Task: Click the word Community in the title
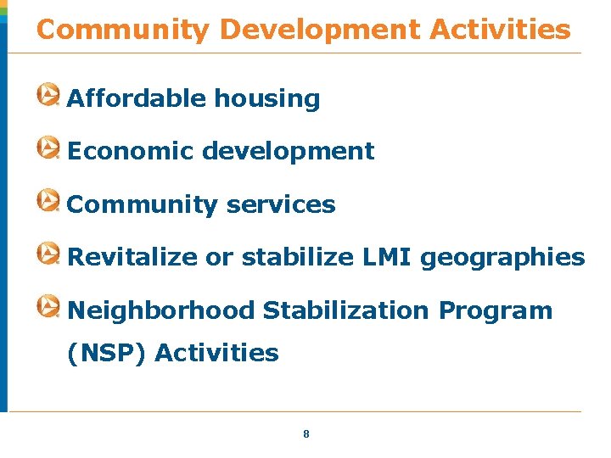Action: click(122, 31)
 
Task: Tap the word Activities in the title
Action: click(501, 31)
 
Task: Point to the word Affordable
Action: click(137, 99)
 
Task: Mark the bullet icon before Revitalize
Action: click(48, 254)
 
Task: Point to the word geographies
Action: click(502, 258)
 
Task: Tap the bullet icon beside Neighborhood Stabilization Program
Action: click(48, 306)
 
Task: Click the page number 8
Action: click(306, 434)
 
